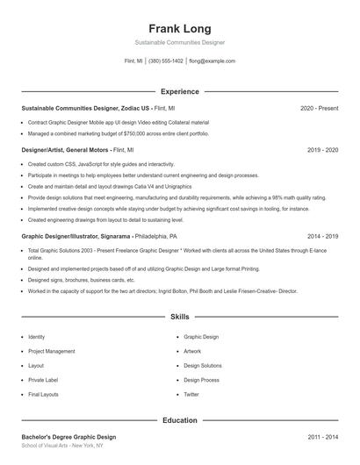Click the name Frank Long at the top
tap(179, 28)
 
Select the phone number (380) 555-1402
tap(166, 61)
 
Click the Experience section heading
tap(179, 91)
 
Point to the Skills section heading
tap(179, 316)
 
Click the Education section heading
tap(179, 420)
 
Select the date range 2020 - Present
tap(319, 108)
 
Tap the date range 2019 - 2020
tap(322, 150)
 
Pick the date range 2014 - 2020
tap(322, 236)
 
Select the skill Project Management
tap(52, 351)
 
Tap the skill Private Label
tap(43, 380)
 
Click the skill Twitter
tap(191, 394)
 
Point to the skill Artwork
tap(192, 351)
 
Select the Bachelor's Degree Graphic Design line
tap(68, 436)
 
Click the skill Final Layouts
tap(44, 394)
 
